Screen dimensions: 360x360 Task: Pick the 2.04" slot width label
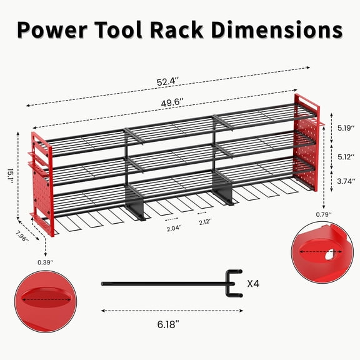tap(174, 229)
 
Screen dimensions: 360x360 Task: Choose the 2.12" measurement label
tap(204, 221)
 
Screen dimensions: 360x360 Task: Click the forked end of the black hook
tap(232, 283)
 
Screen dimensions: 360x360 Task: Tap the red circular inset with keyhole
tap(317, 252)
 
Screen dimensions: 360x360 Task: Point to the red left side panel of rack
tap(40, 181)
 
